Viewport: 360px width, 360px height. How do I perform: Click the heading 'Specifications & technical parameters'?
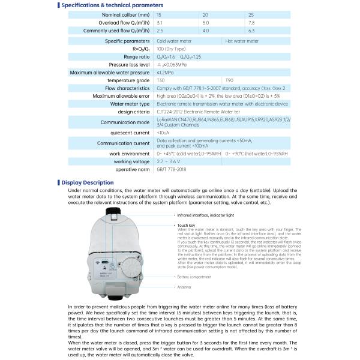pos(106,5)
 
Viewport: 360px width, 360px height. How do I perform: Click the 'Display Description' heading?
pos(89,182)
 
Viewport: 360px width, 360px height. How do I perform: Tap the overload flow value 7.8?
pos(251,22)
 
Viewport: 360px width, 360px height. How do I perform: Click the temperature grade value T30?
pos(160,80)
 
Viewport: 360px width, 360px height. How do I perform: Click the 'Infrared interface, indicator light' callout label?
pos(202,214)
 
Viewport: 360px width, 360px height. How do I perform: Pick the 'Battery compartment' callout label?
pos(193,277)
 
